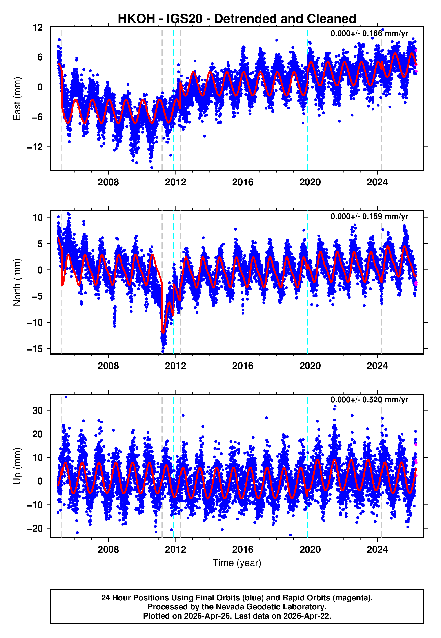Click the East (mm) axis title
17,99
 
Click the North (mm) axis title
17,282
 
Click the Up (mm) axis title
17,466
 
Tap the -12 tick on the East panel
35,147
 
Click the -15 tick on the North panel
35,349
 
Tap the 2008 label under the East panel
108,182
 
